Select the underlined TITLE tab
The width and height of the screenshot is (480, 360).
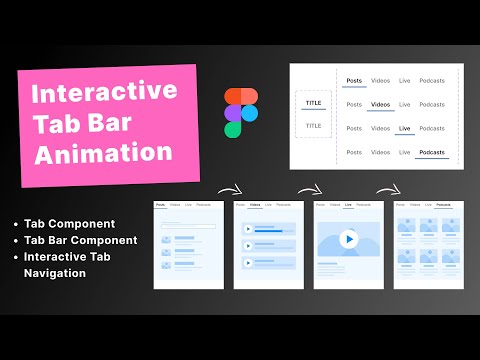point(313,101)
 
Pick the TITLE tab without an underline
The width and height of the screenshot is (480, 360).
point(313,126)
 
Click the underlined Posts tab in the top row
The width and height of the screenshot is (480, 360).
point(354,80)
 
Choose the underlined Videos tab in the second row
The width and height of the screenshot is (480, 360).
point(380,104)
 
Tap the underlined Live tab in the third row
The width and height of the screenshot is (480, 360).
point(404,128)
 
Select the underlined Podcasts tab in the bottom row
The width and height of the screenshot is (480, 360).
point(432,152)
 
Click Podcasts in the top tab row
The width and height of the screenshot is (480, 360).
point(432,80)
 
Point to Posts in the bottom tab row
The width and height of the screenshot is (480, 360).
point(354,152)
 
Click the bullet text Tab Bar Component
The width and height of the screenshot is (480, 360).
point(83,240)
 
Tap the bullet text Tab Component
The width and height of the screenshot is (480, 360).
point(69,223)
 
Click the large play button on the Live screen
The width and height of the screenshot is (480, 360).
point(346,240)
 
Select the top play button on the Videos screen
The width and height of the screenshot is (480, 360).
point(247,229)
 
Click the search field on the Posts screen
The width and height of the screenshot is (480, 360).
point(184,226)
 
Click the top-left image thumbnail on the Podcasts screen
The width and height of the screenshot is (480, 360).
point(407,227)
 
